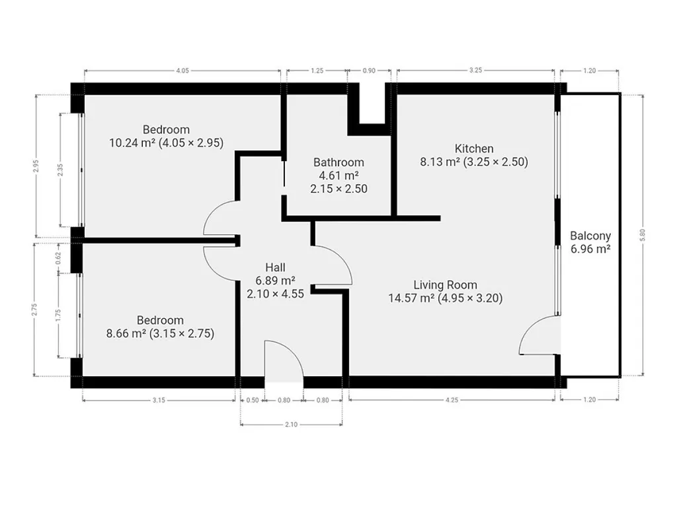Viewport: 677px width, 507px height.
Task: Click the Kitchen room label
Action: (473, 149)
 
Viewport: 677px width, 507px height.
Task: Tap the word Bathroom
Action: (338, 162)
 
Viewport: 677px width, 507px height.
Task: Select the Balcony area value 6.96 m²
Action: (590, 249)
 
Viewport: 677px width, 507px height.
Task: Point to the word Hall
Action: (276, 267)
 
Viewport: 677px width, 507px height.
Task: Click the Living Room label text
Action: (445, 285)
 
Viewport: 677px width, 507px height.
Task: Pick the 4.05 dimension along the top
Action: (182, 71)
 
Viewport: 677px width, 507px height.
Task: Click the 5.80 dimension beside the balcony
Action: (643, 234)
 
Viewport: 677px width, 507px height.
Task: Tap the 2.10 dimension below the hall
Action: (291, 424)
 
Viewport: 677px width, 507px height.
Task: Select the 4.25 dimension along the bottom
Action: (452, 400)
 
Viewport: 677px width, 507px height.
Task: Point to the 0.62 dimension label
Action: (59, 258)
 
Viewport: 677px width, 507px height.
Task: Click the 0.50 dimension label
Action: (252, 400)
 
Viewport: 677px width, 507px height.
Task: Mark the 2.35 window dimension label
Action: (60, 170)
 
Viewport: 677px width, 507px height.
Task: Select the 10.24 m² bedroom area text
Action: (132, 143)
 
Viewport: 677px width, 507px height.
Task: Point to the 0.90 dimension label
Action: (369, 71)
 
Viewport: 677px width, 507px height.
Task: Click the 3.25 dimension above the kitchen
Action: (475, 71)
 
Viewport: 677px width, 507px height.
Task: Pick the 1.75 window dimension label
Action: (59, 315)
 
